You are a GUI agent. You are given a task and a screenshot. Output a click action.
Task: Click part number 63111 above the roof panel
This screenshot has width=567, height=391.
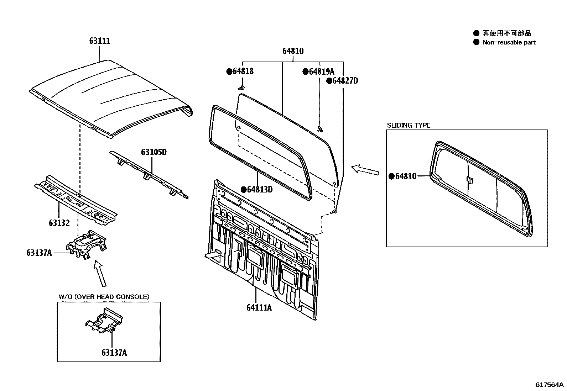click(100, 41)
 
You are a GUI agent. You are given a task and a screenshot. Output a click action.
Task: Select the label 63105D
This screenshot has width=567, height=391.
click(154, 152)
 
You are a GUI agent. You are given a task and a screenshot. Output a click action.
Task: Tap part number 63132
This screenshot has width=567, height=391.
click(59, 223)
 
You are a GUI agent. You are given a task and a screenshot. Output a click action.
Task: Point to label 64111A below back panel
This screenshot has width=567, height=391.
click(259, 307)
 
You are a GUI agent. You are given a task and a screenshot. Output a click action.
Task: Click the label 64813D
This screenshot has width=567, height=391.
click(260, 190)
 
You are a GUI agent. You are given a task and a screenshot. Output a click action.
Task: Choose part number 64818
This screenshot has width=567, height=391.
click(243, 71)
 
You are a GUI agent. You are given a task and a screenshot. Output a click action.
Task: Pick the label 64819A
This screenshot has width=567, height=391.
click(322, 72)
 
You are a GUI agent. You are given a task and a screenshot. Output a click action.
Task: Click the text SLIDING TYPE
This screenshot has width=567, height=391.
click(409, 125)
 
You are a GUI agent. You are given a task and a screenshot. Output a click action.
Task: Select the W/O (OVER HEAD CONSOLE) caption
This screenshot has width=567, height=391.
click(104, 297)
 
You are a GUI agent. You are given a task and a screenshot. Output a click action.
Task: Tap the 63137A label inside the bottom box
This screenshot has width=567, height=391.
click(114, 353)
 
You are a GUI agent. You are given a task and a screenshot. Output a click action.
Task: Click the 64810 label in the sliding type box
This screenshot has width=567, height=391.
click(406, 176)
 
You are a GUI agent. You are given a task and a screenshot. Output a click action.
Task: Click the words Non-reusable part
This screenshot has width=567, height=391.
click(509, 42)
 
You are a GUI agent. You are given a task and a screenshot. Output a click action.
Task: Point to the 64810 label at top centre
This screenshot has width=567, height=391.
click(293, 51)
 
